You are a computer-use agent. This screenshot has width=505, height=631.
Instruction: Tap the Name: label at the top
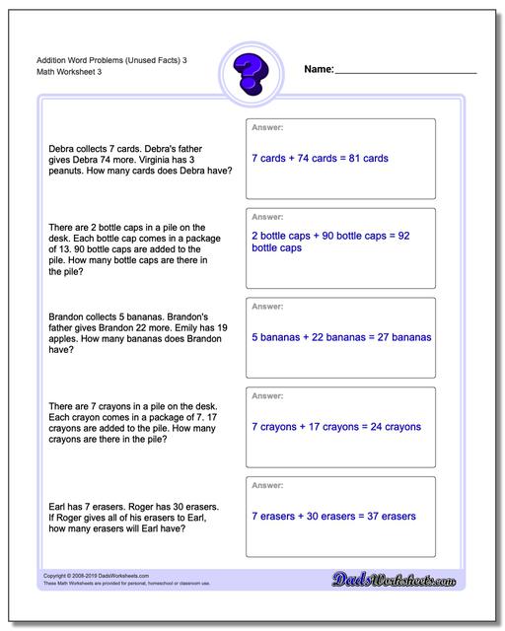click(x=319, y=69)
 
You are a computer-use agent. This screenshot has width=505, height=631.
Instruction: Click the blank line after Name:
click(x=406, y=72)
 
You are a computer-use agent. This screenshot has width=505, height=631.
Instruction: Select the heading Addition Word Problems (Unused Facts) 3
click(x=105, y=60)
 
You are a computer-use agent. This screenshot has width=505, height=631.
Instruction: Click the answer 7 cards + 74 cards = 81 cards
click(x=320, y=158)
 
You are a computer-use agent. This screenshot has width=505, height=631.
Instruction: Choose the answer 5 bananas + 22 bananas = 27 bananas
click(x=341, y=337)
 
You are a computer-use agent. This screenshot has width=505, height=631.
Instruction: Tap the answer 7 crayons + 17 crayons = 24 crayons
click(x=336, y=427)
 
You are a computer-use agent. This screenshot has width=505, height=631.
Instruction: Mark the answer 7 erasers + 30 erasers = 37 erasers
click(x=332, y=516)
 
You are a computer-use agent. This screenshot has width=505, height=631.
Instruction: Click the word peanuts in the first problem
click(x=66, y=171)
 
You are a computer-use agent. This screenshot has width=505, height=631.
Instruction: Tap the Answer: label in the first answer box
click(x=267, y=127)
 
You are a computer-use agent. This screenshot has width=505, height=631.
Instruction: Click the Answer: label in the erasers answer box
click(x=267, y=485)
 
